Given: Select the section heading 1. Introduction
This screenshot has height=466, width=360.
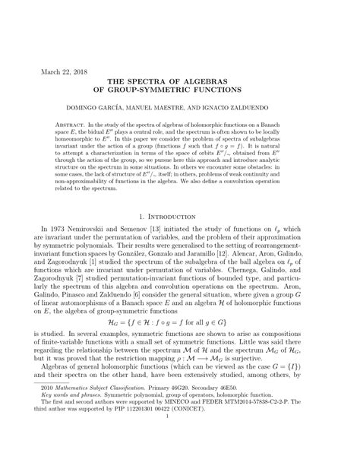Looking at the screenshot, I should point(180,239).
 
